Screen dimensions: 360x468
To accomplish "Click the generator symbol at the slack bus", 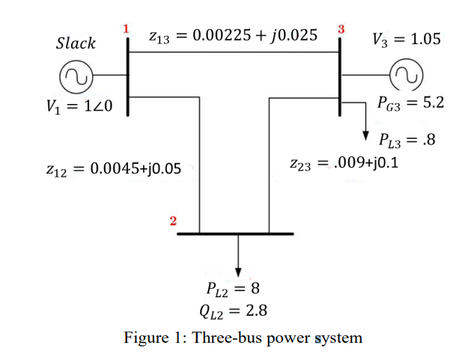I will click(76, 76).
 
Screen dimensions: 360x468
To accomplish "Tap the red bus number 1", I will click(126, 28).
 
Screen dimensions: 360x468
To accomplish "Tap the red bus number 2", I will click(173, 222).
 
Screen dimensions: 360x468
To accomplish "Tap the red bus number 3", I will click(341, 29).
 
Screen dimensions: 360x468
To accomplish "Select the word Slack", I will click(76, 43).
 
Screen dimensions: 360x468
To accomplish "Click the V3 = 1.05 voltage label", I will click(406, 39).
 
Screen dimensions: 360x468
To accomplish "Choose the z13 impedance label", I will click(233, 35).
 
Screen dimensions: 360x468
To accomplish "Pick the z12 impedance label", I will click(109, 169).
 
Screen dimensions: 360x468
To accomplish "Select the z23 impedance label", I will click(344, 162).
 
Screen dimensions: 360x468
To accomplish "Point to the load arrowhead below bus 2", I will click(238, 269).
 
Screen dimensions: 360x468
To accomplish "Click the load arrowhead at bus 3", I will click(366, 135).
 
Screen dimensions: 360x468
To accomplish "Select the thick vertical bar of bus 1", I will click(129, 75).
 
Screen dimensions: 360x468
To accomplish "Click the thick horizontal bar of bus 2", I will click(238, 234).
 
